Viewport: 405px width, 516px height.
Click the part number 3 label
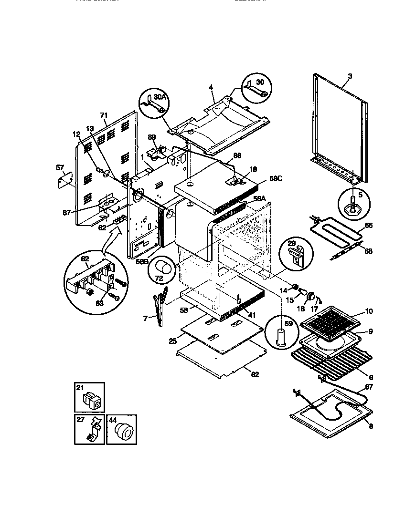[x=350, y=76]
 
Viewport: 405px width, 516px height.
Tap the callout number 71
[x=104, y=116]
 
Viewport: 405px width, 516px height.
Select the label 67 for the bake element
[x=368, y=387]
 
